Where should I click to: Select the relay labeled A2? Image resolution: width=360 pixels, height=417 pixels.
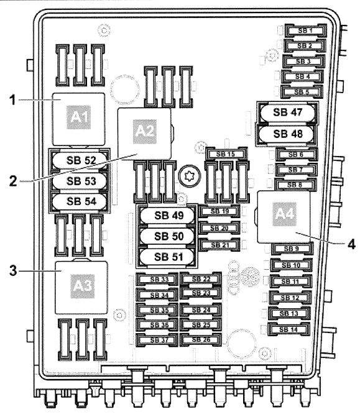pyautogui.click(x=144, y=132)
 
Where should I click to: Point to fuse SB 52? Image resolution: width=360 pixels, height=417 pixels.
pyautogui.click(x=81, y=160)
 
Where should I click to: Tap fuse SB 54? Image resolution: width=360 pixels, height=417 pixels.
pyautogui.click(x=81, y=201)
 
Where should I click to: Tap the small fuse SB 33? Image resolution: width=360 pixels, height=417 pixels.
pyautogui.click(x=157, y=280)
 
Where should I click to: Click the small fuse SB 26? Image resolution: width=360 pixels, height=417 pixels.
pyautogui.click(x=201, y=339)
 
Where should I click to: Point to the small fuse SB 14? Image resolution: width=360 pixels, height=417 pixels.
pyautogui.click(x=287, y=329)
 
